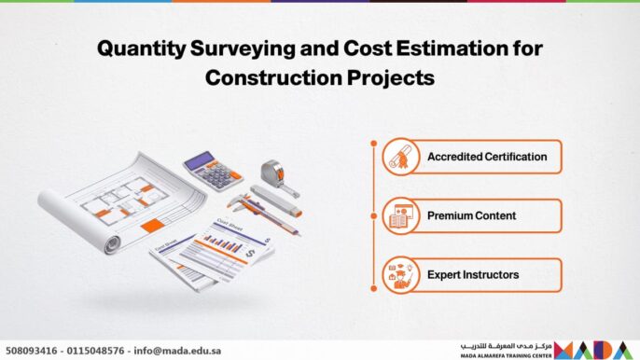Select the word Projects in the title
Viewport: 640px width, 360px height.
[388, 78]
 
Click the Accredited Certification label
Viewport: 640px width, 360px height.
[487, 157]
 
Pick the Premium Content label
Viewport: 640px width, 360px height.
[472, 215]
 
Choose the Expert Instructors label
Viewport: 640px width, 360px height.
[473, 275]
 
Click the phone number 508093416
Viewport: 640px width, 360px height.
[31, 351]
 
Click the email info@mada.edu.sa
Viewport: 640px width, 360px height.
[179, 351]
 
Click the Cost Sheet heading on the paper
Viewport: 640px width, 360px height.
[230, 222]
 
